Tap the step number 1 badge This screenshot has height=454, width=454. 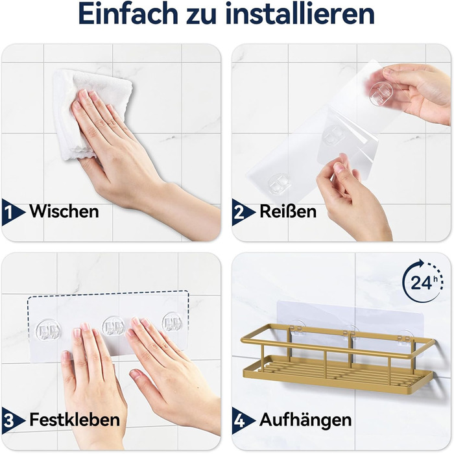tap(12, 212)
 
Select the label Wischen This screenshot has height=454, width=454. tap(64, 211)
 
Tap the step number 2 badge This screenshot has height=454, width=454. tap(243, 212)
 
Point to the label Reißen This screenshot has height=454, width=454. tap(288, 211)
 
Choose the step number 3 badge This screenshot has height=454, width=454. tap(12, 420)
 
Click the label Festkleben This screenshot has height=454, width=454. tap(75, 419)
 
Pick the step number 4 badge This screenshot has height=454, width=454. tap(243, 420)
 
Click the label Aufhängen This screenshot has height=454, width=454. tap(305, 420)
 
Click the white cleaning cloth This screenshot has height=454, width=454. tap(87, 113)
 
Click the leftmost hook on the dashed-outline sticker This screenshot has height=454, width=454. tap(48, 330)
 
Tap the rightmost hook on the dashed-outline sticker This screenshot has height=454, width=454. tap(173, 322)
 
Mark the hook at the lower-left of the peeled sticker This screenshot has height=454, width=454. tap(278, 184)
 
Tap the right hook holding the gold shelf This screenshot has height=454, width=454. tap(405, 338)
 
